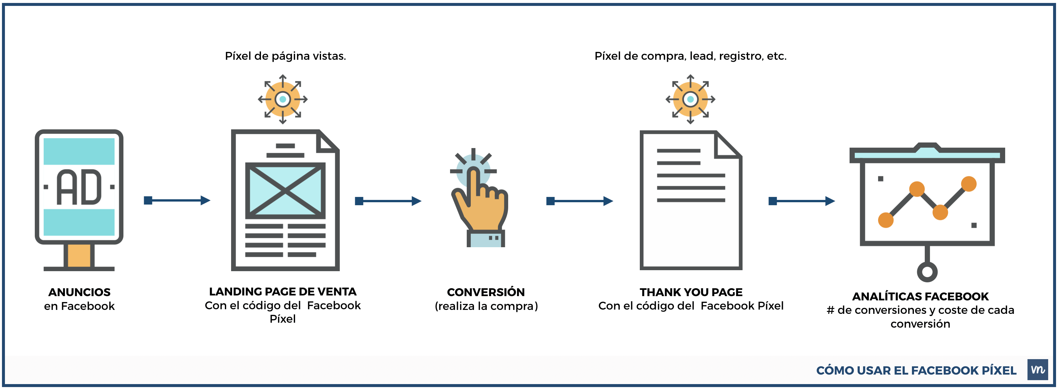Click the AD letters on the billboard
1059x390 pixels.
coord(79,187)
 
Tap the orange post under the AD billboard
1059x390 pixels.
coord(79,255)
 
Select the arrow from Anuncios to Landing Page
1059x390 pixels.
coord(177,201)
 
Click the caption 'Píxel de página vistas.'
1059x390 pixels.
coord(285,56)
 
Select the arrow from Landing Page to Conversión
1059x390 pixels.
coord(388,201)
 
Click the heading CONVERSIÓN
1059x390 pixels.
coord(486,292)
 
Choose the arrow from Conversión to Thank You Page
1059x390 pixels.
coord(580,201)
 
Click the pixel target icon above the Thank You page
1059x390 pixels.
coord(690,99)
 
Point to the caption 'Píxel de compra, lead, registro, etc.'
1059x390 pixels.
coord(690,56)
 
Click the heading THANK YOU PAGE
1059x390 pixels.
coord(691,292)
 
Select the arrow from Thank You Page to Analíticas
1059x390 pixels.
coord(802,201)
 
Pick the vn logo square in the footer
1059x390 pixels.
coord(1037,369)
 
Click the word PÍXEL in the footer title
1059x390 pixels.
coord(999,370)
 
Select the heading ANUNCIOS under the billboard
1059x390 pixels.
coord(79,292)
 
